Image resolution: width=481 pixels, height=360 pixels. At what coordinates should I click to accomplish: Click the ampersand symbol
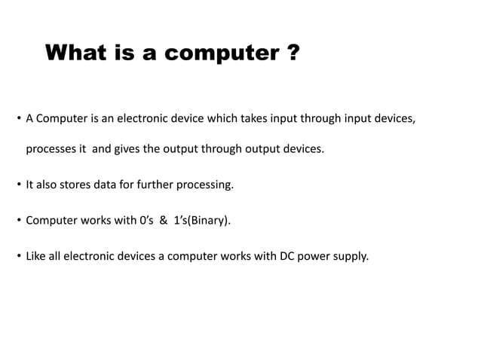click(x=163, y=221)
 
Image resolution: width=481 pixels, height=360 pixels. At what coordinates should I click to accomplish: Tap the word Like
click(x=36, y=257)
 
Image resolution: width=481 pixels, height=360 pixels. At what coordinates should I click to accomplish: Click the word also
click(x=48, y=185)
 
